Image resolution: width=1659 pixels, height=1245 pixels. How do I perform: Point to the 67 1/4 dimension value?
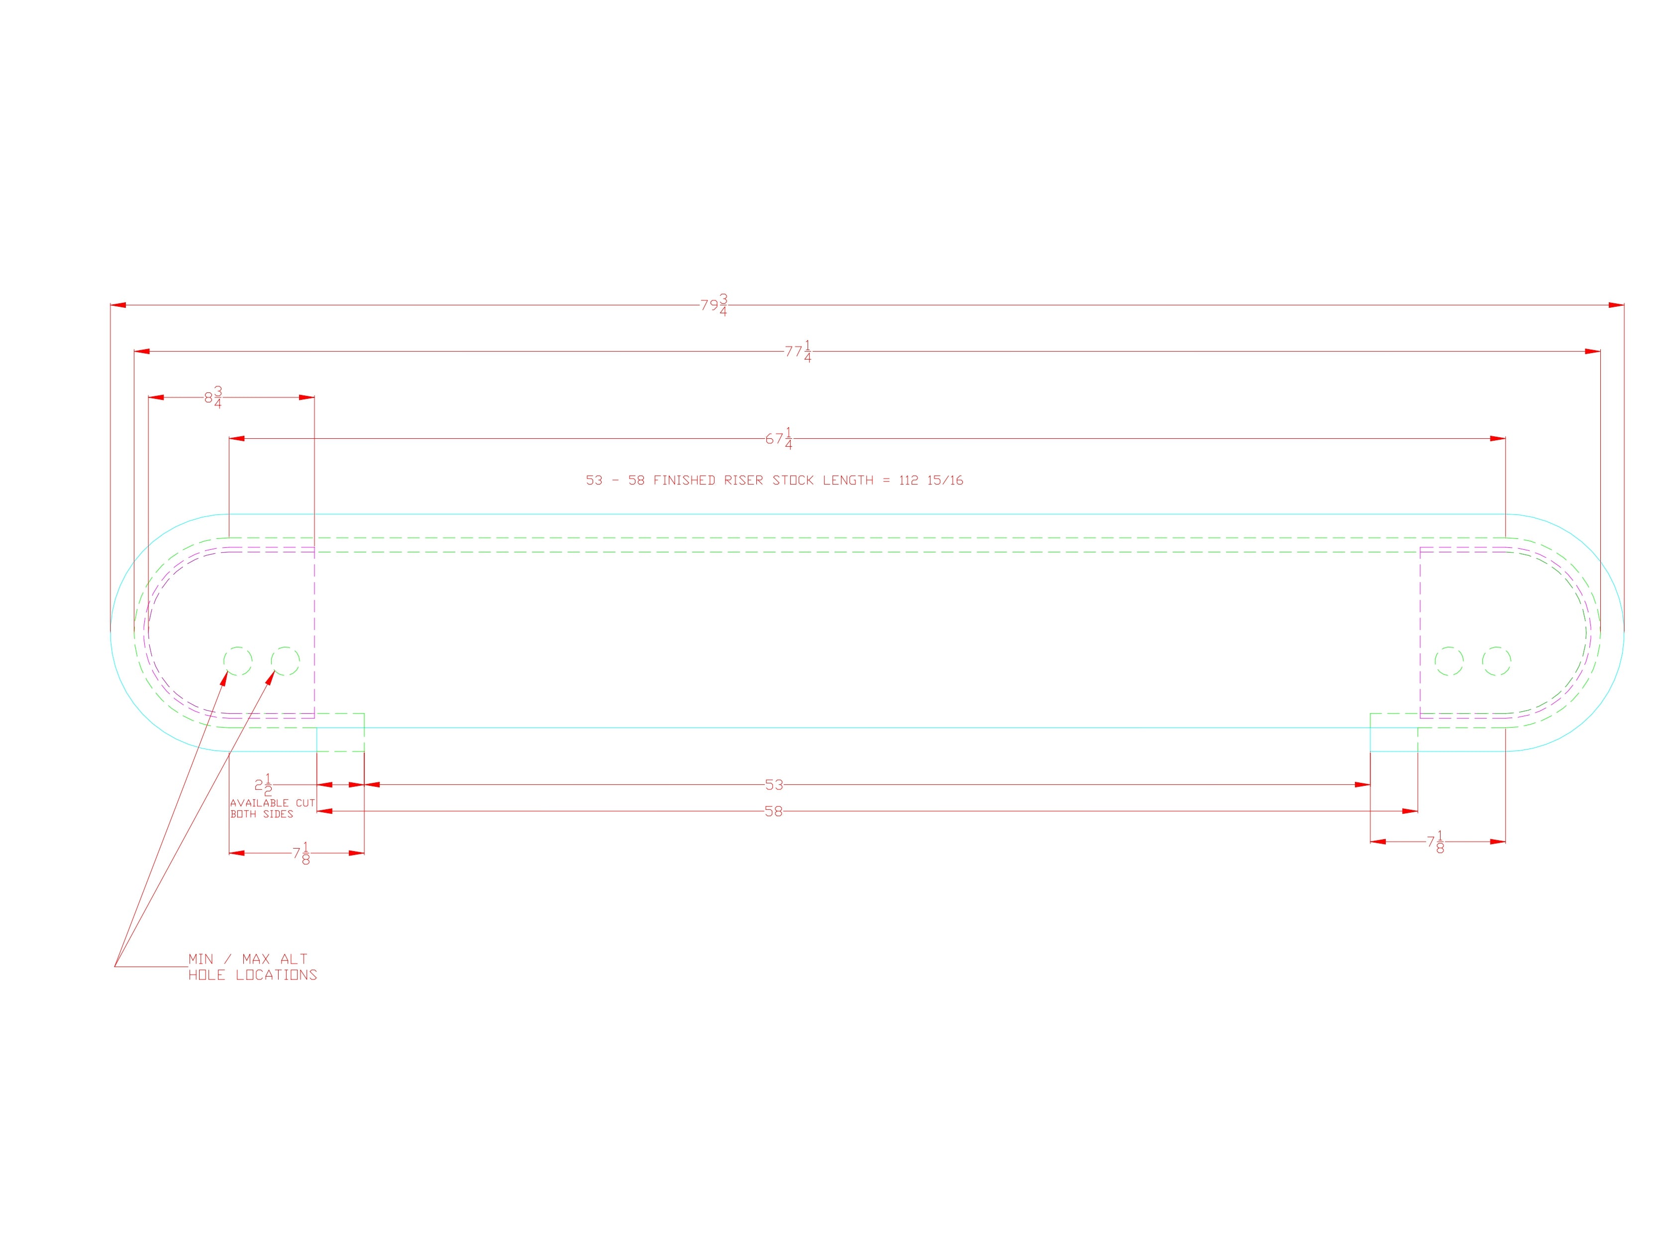(779, 438)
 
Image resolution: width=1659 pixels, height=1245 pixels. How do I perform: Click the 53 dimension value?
(774, 785)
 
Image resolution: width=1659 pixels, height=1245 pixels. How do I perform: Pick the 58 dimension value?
(773, 811)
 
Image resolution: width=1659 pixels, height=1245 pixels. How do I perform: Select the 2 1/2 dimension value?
(263, 785)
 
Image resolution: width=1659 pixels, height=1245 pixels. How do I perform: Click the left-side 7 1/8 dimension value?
(302, 853)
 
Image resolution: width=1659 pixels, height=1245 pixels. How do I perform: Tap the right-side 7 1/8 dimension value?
(1436, 842)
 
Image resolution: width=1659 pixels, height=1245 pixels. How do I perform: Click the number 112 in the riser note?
(908, 480)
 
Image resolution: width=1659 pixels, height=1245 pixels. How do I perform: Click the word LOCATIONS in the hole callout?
(276, 975)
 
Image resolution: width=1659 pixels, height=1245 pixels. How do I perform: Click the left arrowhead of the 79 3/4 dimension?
(118, 305)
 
